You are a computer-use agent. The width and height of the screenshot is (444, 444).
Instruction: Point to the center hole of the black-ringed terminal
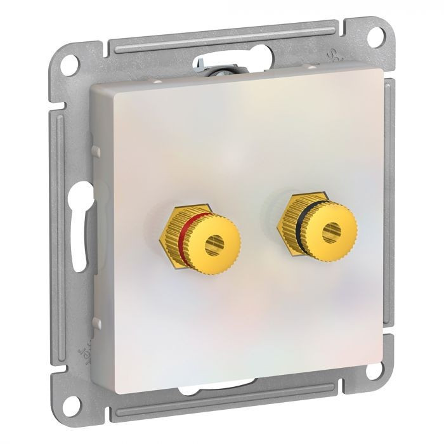(x=329, y=232)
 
